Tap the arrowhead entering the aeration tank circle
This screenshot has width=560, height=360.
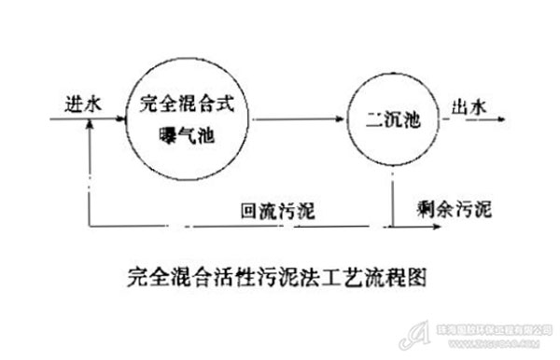point(122,119)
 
